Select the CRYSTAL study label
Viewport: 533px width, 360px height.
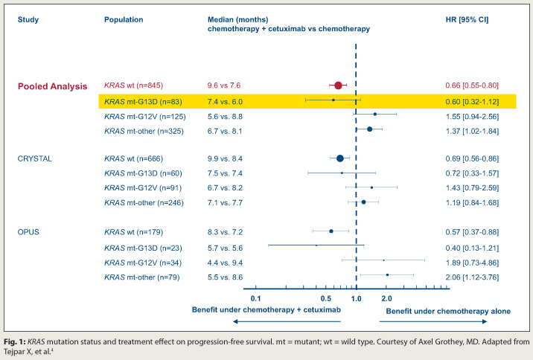click(35, 158)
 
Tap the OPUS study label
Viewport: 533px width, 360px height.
click(29, 231)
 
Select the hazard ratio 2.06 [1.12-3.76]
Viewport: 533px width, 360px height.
click(467, 277)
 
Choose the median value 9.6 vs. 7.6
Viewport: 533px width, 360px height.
click(224, 86)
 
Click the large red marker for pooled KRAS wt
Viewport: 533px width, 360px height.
click(338, 86)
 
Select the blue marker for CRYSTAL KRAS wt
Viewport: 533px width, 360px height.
click(340, 158)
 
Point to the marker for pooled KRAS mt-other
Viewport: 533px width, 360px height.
click(369, 129)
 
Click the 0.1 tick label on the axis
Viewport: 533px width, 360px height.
click(255, 298)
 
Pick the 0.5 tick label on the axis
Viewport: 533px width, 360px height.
click(325, 298)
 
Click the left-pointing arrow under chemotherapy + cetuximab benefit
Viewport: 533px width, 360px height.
click(287, 321)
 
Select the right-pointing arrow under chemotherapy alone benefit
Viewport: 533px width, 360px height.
click(434, 321)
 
